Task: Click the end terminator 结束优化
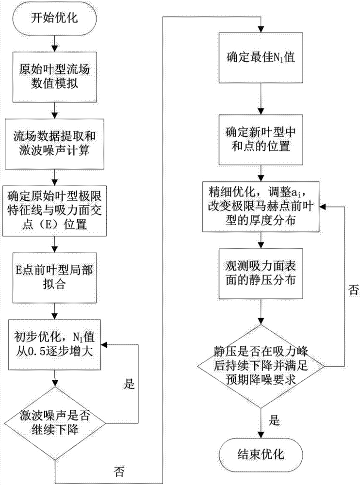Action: [262, 454]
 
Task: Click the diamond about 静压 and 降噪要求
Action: [262, 365]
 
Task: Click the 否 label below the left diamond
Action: [118, 471]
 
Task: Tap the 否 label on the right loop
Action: [342, 290]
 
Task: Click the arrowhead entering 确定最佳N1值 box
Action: [262, 30]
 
